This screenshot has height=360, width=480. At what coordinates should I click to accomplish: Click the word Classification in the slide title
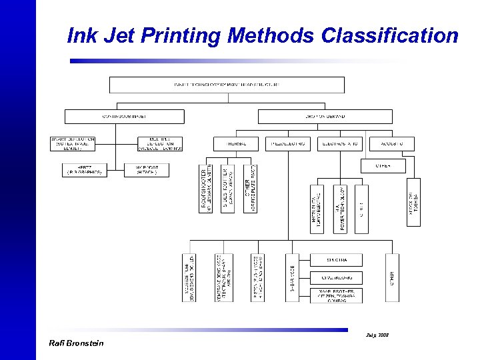coord(389,35)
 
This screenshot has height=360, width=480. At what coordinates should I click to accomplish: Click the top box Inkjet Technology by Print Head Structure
coord(227,85)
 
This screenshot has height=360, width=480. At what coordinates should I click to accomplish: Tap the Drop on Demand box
coord(325,116)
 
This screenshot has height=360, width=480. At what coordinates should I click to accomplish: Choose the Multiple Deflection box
coord(159,143)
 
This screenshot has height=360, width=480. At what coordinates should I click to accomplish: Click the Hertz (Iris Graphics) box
coord(84,170)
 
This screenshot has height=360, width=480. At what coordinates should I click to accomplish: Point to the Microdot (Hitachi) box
coord(147,170)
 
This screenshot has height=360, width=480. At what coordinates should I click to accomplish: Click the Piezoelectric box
coord(288,143)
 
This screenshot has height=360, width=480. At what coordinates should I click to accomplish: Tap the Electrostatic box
coord(340,143)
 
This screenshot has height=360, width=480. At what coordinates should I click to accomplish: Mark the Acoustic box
coord(388,143)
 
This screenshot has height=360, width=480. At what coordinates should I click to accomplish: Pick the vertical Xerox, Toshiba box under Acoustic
coord(413,202)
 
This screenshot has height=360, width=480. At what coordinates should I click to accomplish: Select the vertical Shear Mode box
coord(292,277)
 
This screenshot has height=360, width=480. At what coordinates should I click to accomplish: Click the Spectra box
coord(336,260)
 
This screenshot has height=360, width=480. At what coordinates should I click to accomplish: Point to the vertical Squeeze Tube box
coord(189,277)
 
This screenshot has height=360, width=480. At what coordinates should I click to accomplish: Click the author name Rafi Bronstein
coord(77,343)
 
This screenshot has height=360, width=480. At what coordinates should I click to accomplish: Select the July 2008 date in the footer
coord(377,334)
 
